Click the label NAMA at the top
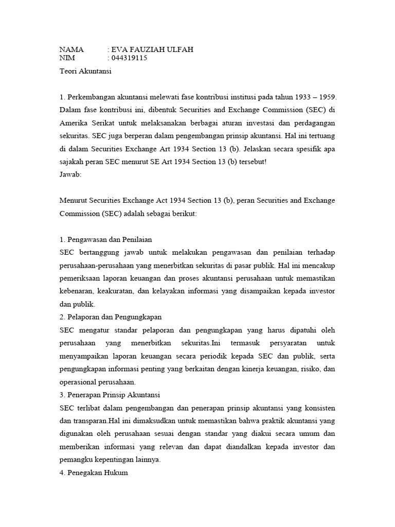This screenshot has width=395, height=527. pyautogui.click(x=71, y=49)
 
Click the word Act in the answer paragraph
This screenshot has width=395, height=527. pyautogui.click(x=165, y=200)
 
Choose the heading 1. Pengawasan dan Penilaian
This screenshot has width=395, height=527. pyautogui.click(x=105, y=239)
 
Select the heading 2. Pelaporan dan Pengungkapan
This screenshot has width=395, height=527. pyautogui.click(x=111, y=317)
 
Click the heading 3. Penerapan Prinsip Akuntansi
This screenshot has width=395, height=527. pyautogui.click(x=110, y=395)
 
